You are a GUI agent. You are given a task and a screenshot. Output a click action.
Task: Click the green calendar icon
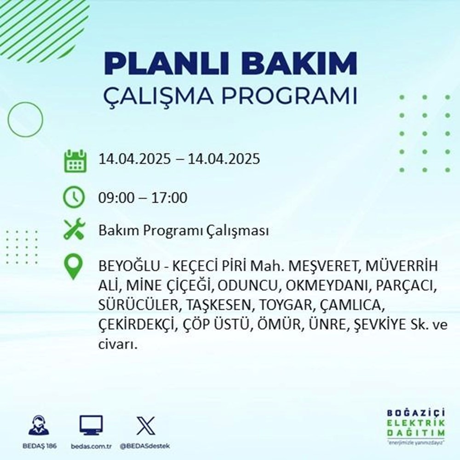pyautogui.click(x=74, y=160)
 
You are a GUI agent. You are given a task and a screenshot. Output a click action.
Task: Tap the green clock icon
pyautogui.click(x=74, y=198)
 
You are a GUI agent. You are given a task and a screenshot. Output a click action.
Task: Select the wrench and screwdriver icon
pyautogui.click(x=74, y=230)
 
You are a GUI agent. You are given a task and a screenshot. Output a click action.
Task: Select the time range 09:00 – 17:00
pyautogui.click(x=143, y=198)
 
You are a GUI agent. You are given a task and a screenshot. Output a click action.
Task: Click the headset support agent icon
pyautogui.click(x=39, y=425)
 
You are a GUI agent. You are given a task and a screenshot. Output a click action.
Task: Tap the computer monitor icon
pyautogui.click(x=91, y=425)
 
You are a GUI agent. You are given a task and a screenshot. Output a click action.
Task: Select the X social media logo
pyautogui.click(x=145, y=425)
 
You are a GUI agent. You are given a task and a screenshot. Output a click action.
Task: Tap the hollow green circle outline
pyautogui.click(x=25, y=120)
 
